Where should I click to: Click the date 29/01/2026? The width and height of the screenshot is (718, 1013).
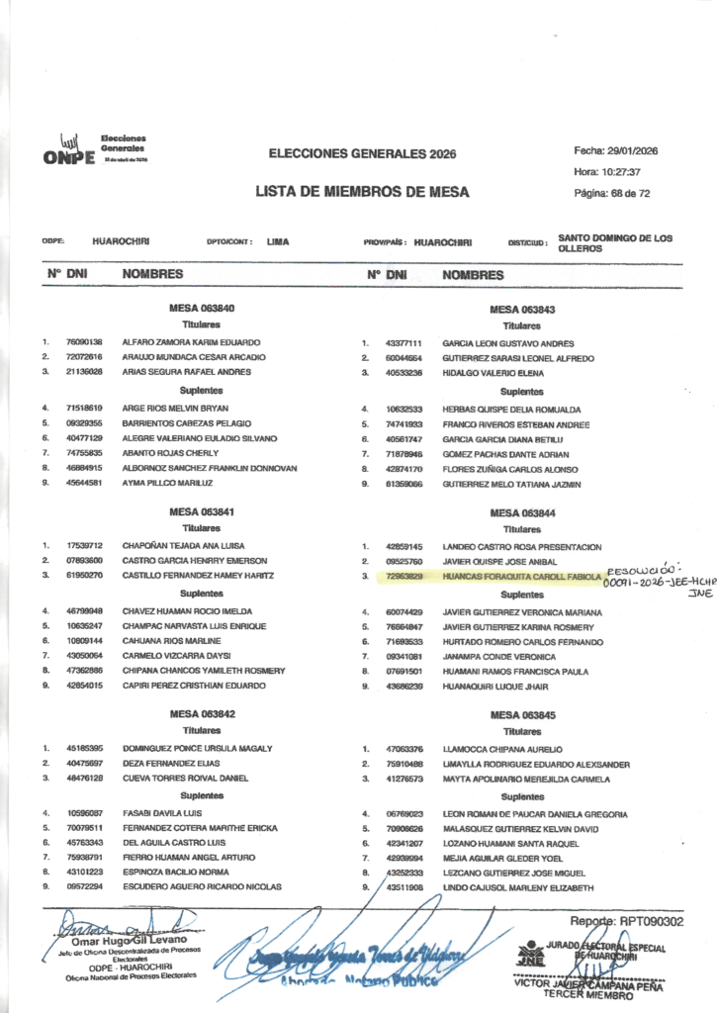(x=629, y=150)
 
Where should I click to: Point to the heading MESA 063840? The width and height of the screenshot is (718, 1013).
(x=202, y=309)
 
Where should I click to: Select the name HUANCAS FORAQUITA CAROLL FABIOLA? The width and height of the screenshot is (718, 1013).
(x=521, y=576)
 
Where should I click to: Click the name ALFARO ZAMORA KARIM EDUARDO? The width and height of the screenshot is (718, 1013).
(x=191, y=341)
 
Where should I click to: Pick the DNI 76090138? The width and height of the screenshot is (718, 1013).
(x=85, y=341)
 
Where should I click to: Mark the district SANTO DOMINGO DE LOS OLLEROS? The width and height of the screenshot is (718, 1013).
(x=613, y=243)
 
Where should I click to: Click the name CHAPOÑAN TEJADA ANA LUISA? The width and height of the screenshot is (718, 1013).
(x=184, y=545)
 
